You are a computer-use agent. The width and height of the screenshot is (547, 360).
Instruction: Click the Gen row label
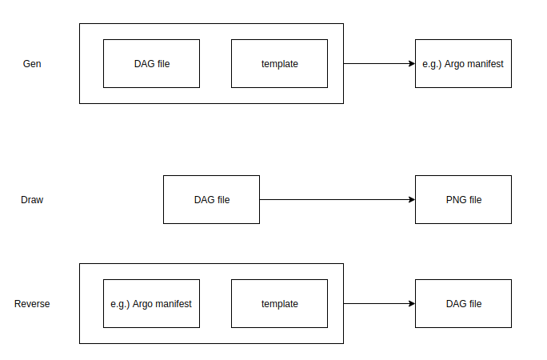[x=32, y=64]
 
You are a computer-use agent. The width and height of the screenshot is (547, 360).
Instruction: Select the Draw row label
[x=32, y=200]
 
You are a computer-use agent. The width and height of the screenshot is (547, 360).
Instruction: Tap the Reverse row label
[x=32, y=304]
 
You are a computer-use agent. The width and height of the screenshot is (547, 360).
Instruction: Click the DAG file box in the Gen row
[x=151, y=64]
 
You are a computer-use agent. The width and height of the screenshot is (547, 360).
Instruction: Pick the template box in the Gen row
[x=279, y=64]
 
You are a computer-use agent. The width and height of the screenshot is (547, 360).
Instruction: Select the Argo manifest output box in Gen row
[x=463, y=64]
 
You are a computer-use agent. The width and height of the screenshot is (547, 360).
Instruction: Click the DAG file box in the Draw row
[x=211, y=200]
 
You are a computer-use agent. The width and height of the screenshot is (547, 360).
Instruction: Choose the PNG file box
[x=463, y=200]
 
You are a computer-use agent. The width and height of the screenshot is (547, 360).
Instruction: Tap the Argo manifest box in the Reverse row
[x=151, y=304]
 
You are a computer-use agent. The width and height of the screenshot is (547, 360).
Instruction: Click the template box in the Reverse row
[x=279, y=304]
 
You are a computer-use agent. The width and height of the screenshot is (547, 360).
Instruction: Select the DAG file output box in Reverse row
[x=463, y=304]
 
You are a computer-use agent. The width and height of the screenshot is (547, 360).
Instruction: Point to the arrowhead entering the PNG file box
[x=411, y=200]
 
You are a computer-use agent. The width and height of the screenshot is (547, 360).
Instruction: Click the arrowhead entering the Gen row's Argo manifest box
[x=411, y=64]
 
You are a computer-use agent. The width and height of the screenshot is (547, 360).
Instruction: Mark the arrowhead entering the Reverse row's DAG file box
[x=411, y=304]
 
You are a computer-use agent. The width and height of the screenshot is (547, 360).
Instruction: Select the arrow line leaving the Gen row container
[x=376, y=64]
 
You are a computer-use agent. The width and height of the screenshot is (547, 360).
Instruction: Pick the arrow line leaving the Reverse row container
[x=376, y=304]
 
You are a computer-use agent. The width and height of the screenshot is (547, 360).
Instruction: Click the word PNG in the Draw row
[x=455, y=200]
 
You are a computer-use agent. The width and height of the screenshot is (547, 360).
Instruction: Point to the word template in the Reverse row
[x=279, y=304]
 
